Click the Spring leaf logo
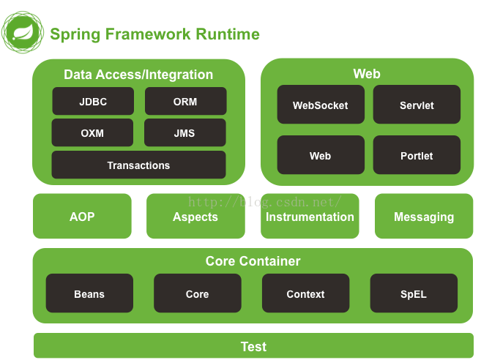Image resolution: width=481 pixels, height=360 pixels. (x=23, y=32)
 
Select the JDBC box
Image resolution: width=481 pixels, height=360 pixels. (x=93, y=101)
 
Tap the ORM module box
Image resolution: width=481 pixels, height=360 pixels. (x=185, y=101)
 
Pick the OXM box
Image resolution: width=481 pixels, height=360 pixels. (x=92, y=132)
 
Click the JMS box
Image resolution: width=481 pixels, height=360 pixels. (x=185, y=132)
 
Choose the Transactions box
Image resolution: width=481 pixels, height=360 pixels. (x=138, y=165)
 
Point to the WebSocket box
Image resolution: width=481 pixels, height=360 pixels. (x=321, y=105)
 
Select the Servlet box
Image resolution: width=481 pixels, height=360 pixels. (x=417, y=105)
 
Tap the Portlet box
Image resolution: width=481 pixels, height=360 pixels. (x=417, y=155)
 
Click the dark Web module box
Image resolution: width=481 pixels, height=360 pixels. (x=321, y=155)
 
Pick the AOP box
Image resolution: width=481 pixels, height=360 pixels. (x=82, y=216)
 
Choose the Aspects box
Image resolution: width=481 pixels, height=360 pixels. (x=195, y=216)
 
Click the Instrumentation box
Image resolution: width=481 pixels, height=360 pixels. (x=310, y=216)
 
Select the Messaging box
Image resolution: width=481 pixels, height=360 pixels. (x=424, y=216)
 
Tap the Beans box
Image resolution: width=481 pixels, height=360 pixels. (x=89, y=293)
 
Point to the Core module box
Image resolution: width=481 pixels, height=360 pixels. (x=198, y=293)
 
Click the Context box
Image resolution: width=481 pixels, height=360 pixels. (x=306, y=293)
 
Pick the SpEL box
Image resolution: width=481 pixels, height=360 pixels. (x=414, y=293)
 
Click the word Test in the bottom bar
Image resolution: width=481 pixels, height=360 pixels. (x=254, y=347)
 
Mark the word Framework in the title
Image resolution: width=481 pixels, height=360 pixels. (x=148, y=34)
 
